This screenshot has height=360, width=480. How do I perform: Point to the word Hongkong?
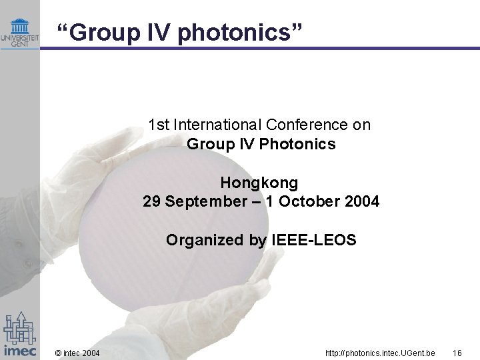coord(260,182)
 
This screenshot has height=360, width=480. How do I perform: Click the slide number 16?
coord(457,351)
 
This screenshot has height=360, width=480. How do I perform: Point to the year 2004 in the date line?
coord(363,201)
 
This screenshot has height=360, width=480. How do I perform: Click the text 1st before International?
coord(159,125)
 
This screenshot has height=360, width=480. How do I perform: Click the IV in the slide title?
coord(153,31)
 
